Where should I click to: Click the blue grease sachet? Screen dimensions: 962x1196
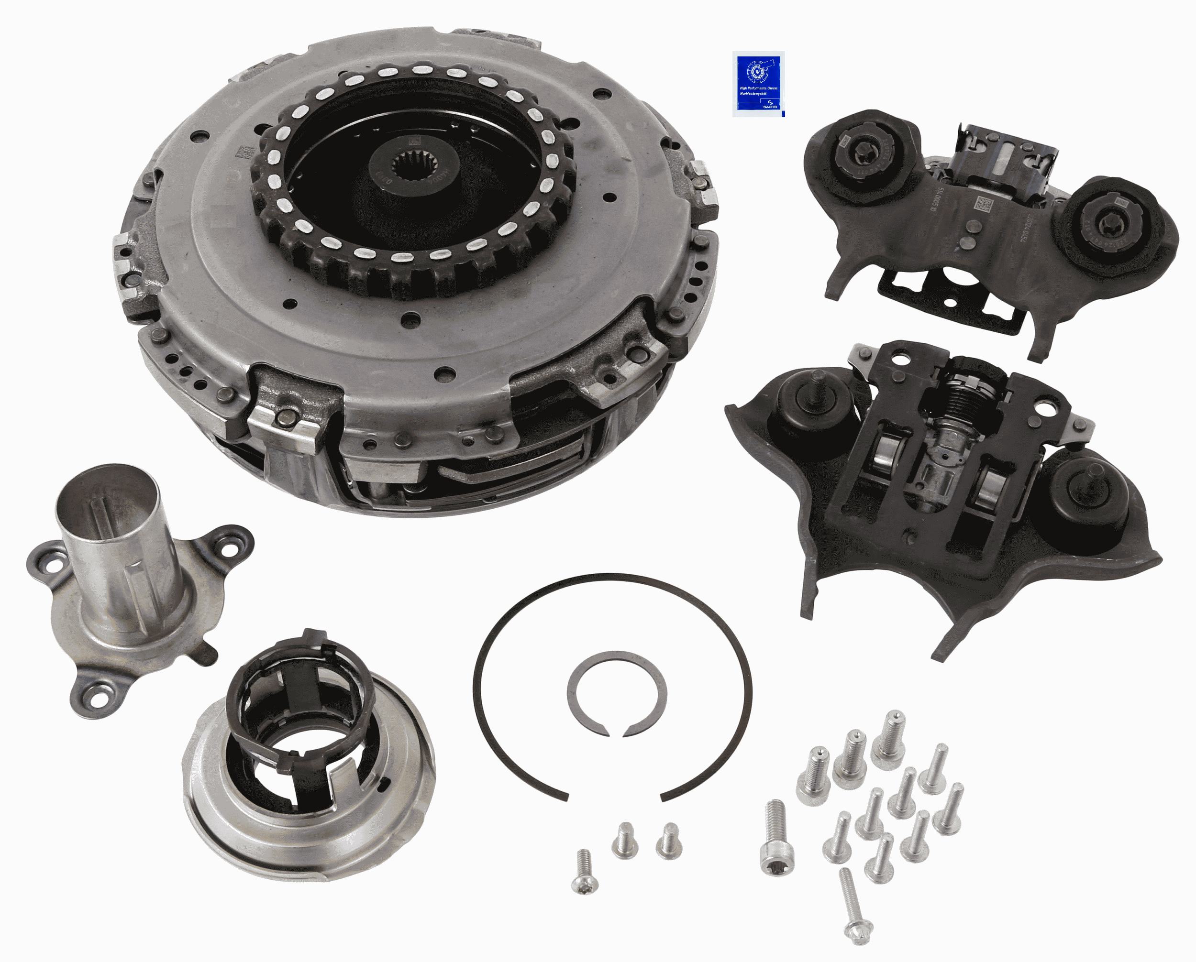758,83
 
